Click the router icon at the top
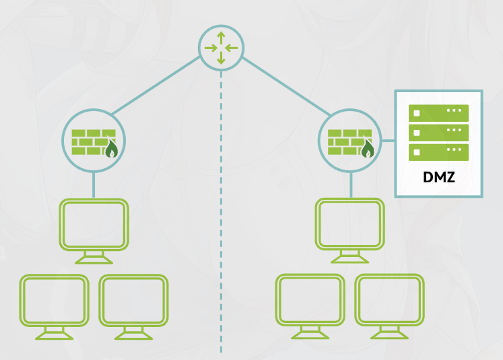pyautogui.click(x=221, y=48)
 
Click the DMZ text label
pyautogui.click(x=439, y=177)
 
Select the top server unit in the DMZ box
pyautogui.click(x=438, y=113)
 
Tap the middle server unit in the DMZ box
pyautogui.click(x=438, y=133)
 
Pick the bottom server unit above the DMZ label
pyautogui.click(x=438, y=152)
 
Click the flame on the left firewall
pyautogui.click(x=111, y=149)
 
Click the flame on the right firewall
pyautogui.click(x=368, y=149)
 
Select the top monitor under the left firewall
pyautogui.click(x=94, y=231)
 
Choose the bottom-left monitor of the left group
pyautogui.click(x=55, y=307)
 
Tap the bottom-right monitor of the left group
pyautogui.click(x=133, y=307)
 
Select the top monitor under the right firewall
pyautogui.click(x=350, y=231)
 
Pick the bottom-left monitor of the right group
pyautogui.click(x=310, y=306)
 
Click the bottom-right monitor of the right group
pyautogui.click(x=389, y=306)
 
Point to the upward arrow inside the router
pyautogui.click(x=221, y=38)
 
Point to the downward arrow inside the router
pyautogui.click(x=221, y=59)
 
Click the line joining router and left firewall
pyautogui.click(x=156, y=85)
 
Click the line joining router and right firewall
pyautogui.click(x=286, y=86)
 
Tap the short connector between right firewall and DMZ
pyautogui.click(x=388, y=141)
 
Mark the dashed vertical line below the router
pyautogui.click(x=221, y=212)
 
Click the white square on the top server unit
pyautogui.click(x=417, y=113)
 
